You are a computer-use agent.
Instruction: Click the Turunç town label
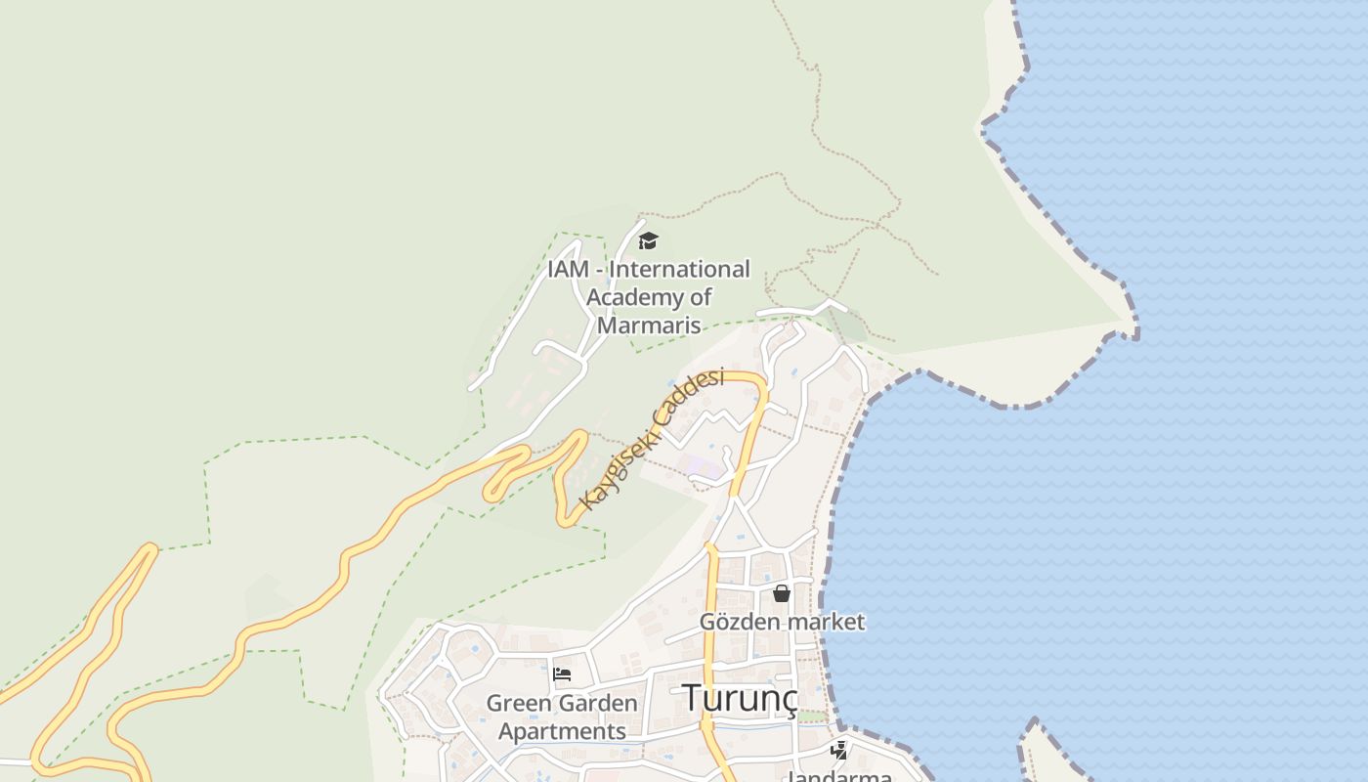(739, 698)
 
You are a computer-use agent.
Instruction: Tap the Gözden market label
(782, 622)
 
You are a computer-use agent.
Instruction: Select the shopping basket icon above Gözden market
(782, 593)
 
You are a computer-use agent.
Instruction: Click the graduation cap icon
(648, 240)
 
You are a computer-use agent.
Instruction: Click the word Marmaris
(649, 325)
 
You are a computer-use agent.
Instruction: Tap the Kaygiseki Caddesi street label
(652, 439)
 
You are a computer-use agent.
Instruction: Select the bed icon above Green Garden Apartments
(562, 674)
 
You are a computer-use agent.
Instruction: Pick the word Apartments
(562, 731)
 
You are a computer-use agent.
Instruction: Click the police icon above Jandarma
(838, 751)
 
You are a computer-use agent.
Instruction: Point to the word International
(680, 269)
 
